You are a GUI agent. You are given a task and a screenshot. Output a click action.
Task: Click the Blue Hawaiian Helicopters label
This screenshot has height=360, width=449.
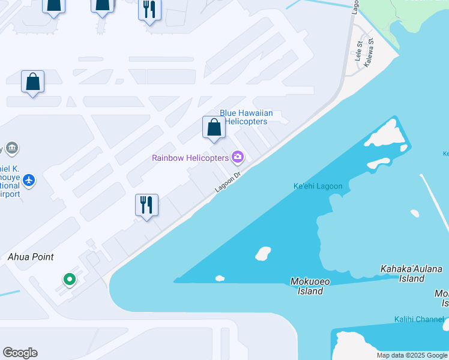point(246,117)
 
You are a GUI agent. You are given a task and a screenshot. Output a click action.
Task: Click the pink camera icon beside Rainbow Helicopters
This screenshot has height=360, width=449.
point(238,157)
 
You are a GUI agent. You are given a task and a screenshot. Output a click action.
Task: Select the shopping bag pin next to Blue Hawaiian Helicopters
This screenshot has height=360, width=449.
point(214,128)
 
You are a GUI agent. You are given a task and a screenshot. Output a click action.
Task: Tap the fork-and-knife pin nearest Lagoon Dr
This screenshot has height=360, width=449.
point(146,206)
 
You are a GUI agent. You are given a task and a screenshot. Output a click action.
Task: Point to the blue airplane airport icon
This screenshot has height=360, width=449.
point(29,179)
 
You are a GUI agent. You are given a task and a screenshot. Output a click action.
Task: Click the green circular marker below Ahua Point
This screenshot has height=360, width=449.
point(70,279)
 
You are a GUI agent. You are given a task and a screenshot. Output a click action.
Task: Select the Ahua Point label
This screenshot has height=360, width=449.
point(31,257)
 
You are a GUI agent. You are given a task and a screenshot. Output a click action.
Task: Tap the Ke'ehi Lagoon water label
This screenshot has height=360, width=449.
point(318,186)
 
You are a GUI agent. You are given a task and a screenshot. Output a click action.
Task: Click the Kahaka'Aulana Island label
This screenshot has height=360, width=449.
point(411,274)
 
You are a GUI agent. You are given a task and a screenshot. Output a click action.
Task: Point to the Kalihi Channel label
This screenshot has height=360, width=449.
point(419,319)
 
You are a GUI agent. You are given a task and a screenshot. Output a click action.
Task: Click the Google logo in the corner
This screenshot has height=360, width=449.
point(20,353)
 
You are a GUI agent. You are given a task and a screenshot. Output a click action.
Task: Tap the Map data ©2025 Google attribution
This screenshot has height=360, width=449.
point(412,355)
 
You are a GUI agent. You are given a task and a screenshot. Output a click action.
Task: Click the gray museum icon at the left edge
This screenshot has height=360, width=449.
point(11,148)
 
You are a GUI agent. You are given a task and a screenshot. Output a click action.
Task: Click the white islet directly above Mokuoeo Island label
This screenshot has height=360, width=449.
point(263,253)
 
